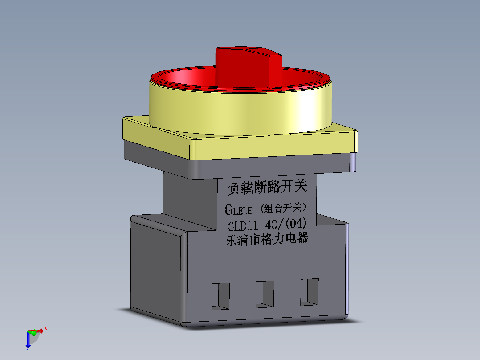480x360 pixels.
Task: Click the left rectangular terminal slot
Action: point(220,296)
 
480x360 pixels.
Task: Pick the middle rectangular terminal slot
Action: point(264,294)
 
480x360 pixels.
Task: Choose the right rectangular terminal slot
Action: point(309,292)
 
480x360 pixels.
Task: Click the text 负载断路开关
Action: point(267,188)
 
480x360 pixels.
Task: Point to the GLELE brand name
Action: point(239,209)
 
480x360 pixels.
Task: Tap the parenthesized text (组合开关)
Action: point(284,208)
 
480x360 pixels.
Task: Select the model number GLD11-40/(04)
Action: point(267,224)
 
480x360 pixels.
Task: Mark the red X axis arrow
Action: point(41,331)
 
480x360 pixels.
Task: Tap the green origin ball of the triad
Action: point(33,332)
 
